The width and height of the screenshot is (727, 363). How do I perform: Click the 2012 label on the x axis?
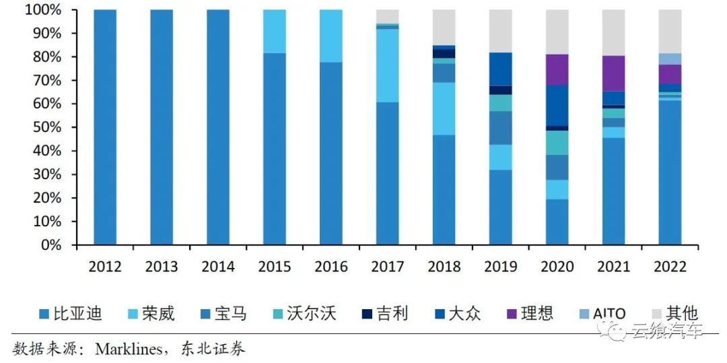point(105,267)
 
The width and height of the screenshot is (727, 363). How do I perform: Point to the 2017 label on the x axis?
point(388,267)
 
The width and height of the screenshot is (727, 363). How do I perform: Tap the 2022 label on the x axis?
point(670,267)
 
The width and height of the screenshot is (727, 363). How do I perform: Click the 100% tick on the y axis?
point(44,10)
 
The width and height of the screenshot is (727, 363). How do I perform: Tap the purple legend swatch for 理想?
point(512,314)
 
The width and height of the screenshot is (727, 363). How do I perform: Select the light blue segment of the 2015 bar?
point(274,31)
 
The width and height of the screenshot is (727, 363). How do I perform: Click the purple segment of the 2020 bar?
point(557,69)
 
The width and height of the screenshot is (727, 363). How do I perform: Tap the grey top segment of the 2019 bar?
point(500,31)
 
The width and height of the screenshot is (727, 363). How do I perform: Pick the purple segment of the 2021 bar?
point(613,73)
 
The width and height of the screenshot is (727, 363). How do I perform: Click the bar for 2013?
point(162,128)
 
